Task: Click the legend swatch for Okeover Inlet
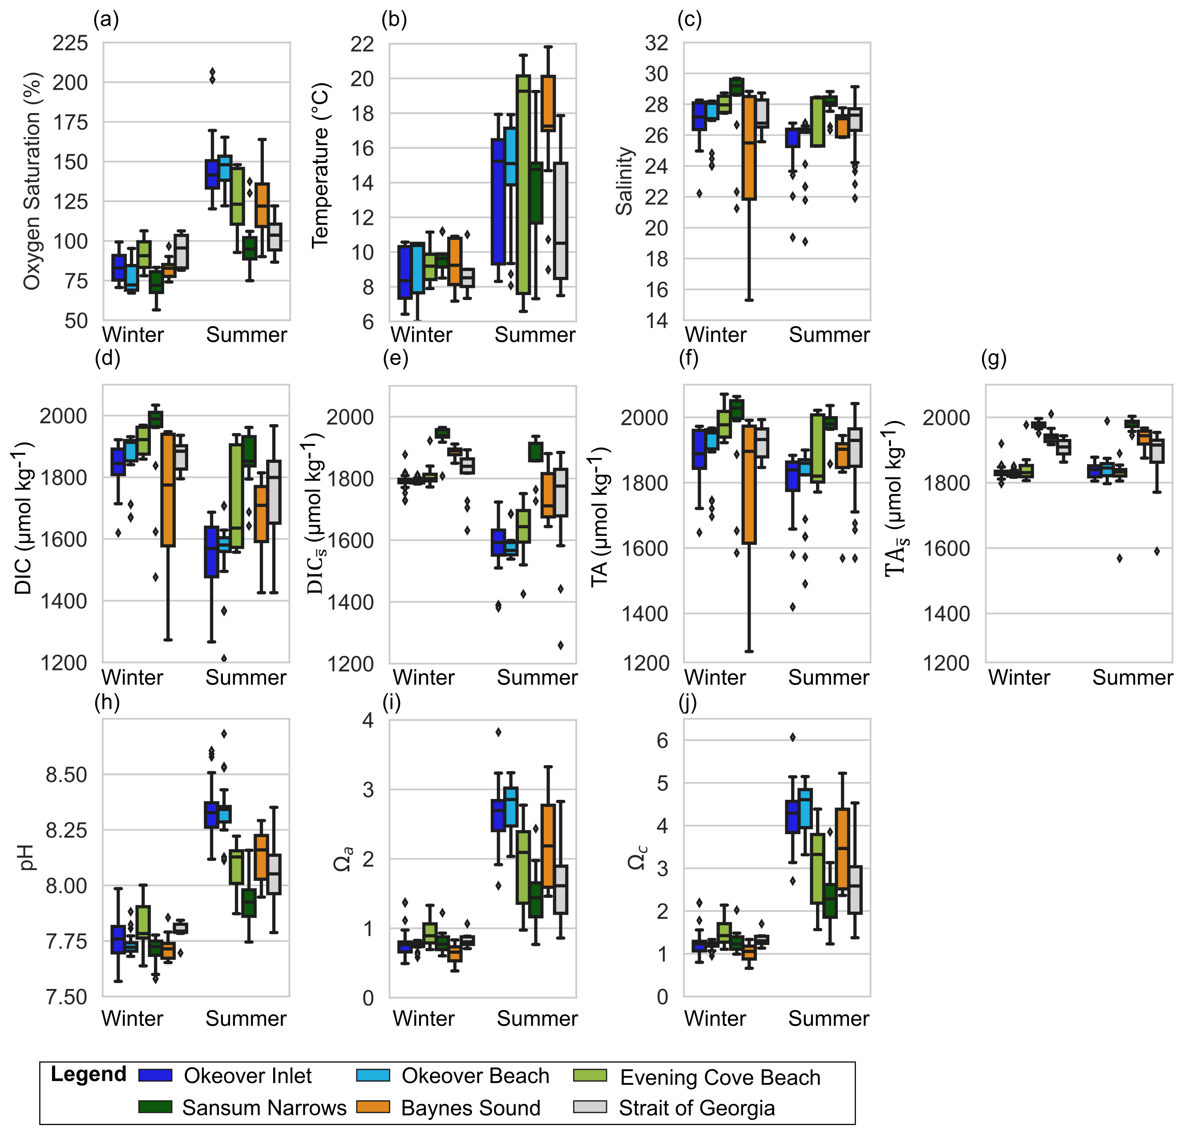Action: tap(155, 1075)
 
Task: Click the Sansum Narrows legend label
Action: tap(265, 1107)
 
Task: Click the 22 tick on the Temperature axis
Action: tap(363, 44)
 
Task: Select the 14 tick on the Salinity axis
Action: tap(657, 320)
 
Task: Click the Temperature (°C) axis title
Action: tap(320, 166)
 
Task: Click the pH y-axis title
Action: tap(27, 858)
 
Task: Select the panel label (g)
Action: tap(994, 358)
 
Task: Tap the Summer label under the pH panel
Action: tap(246, 1018)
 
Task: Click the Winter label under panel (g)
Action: tap(1019, 677)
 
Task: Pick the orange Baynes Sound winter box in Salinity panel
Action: tap(749, 148)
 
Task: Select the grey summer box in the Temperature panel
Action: tap(561, 221)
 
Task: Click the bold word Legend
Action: tap(88, 1074)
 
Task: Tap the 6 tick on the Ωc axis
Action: tap(662, 740)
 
